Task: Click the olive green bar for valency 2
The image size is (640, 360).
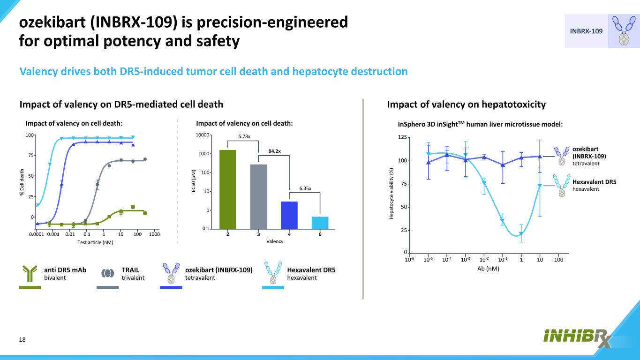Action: [227, 189]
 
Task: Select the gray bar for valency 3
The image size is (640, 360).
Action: [258, 196]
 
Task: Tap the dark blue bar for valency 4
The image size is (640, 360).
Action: [289, 215]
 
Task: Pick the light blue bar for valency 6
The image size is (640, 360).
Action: [320, 223]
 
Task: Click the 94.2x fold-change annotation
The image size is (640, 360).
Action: [275, 151]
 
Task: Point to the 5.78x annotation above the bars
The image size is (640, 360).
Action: [244, 136]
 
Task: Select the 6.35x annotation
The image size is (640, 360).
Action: [305, 189]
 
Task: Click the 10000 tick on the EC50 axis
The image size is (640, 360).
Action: [203, 135]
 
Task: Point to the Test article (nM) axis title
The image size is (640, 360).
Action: [95, 242]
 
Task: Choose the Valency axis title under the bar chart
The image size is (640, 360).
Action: [274, 241]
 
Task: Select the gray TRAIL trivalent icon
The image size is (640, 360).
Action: [107, 273]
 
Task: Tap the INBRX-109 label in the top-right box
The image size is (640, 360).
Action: [586, 31]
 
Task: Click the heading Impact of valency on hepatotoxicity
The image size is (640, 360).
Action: [466, 104]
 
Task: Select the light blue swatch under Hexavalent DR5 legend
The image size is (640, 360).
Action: [273, 287]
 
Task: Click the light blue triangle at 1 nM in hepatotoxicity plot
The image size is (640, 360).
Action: [520, 234]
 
